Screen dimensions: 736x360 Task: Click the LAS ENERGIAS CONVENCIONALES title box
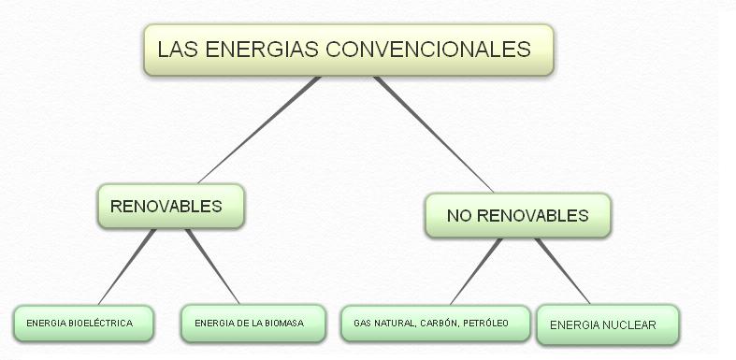[x=348, y=50]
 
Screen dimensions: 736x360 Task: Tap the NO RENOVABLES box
[x=517, y=216]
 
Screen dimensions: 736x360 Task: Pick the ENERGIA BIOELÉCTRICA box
[x=83, y=324]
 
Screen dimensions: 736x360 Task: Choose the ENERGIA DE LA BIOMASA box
[x=253, y=324]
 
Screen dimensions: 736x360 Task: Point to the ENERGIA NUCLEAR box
[x=606, y=325]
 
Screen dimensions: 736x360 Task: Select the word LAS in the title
[x=175, y=49]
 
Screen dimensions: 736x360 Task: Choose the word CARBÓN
[x=441, y=324]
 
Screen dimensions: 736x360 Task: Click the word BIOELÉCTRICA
[x=99, y=324]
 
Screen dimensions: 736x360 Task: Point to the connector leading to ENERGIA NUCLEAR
[x=563, y=272]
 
